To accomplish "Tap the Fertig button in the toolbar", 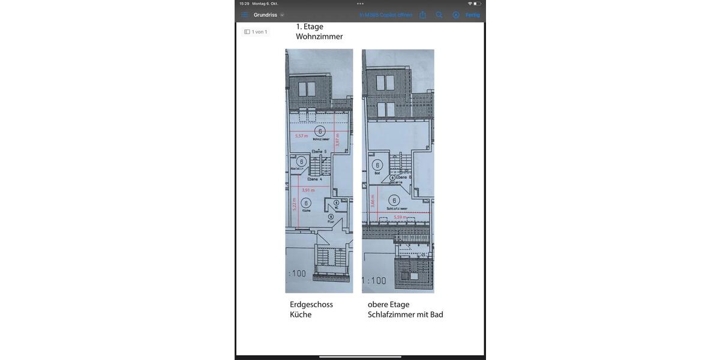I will point(472,15).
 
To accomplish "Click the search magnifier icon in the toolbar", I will point(439,15).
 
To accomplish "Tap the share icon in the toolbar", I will point(422,15).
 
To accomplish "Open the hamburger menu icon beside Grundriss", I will point(244,15).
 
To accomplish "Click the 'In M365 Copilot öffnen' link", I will point(386,15).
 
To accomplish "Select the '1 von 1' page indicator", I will point(256,32).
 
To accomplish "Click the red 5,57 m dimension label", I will point(301,136).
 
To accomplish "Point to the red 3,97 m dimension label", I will point(338,139).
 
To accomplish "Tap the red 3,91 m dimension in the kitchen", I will point(308,190).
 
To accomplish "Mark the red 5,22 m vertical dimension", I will point(294,204).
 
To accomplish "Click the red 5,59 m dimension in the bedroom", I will point(400,217).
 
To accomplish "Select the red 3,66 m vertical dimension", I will point(373,200).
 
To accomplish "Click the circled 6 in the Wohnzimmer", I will point(320,131).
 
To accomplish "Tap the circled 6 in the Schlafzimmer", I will point(394,200).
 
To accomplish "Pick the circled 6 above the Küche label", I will point(307,203).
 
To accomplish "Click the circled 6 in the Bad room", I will point(377,165).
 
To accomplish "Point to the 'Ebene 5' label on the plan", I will point(319,151).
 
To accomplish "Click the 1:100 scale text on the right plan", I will point(374,280).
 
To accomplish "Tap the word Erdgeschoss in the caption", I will point(311,304).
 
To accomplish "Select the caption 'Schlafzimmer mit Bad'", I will point(406,314).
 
